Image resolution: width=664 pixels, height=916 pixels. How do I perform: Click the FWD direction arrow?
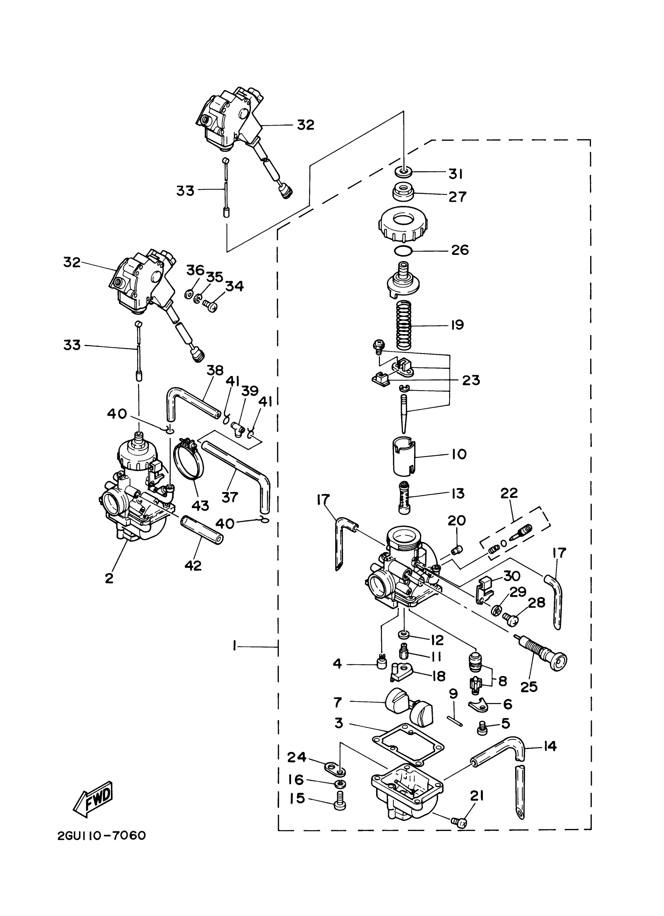point(93,798)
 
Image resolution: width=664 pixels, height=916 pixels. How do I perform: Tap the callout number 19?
point(457,325)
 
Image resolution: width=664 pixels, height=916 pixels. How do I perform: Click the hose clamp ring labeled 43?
point(189,460)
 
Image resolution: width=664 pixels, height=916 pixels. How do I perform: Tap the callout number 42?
point(193,565)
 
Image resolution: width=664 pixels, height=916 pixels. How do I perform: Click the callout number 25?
point(529,686)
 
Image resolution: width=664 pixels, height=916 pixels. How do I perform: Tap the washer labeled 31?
point(404,172)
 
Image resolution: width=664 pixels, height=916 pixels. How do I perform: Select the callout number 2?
point(109,578)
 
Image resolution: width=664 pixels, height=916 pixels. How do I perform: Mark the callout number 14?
point(550,746)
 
